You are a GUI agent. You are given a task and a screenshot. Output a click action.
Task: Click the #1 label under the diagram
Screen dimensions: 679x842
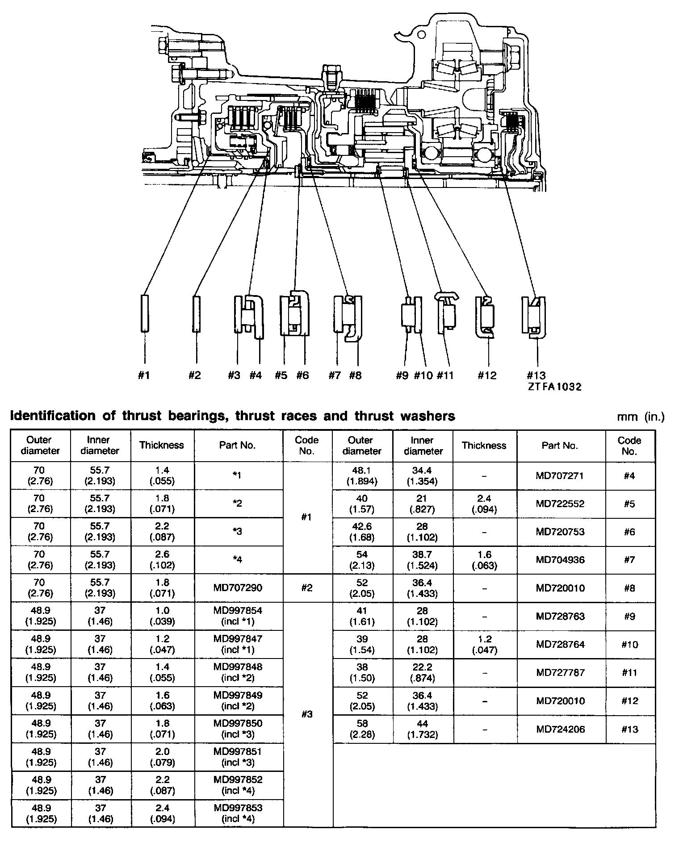(143, 375)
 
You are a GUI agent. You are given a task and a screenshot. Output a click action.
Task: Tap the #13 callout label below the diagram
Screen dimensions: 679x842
(536, 375)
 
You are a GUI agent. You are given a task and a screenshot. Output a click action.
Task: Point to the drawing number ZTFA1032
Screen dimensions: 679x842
(555, 387)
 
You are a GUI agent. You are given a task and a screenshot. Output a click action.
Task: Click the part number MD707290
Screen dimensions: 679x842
(237, 588)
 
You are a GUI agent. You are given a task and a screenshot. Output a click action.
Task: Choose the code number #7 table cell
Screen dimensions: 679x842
(630, 560)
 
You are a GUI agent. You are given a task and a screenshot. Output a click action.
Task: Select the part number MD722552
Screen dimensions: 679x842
(560, 504)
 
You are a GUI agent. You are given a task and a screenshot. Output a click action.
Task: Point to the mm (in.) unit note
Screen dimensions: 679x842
(641, 417)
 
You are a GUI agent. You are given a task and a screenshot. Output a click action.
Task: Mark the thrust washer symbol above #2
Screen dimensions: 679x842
(196, 313)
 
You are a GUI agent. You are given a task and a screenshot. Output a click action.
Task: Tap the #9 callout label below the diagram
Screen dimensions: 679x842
(402, 375)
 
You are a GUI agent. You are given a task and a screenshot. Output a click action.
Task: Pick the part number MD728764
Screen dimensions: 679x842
(560, 644)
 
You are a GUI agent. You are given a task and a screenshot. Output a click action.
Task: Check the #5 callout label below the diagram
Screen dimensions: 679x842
(281, 375)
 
